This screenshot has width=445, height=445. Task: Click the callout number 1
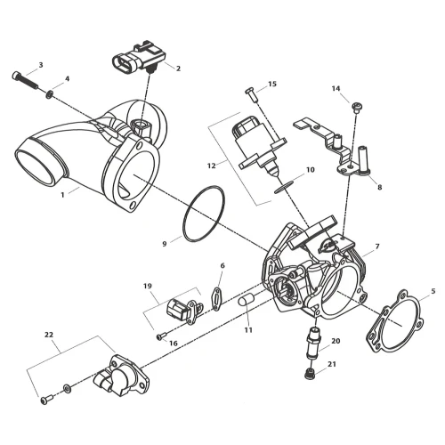[x=62, y=195]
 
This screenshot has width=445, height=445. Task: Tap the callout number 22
[x=49, y=335]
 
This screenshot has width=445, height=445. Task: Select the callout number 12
[x=212, y=166]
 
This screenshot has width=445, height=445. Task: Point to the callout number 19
[x=148, y=286]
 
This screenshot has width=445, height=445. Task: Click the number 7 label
[x=377, y=247]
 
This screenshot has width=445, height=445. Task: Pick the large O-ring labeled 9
[x=204, y=214]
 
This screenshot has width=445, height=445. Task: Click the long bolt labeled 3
[x=26, y=80]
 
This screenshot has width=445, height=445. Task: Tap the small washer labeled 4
[x=50, y=95]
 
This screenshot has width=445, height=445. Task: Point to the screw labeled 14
[x=356, y=108]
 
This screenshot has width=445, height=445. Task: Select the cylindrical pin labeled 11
[x=246, y=301]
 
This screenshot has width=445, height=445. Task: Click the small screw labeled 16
[x=161, y=336]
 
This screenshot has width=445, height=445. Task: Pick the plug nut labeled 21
[x=310, y=374]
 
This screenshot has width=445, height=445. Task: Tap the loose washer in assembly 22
[x=67, y=388]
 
